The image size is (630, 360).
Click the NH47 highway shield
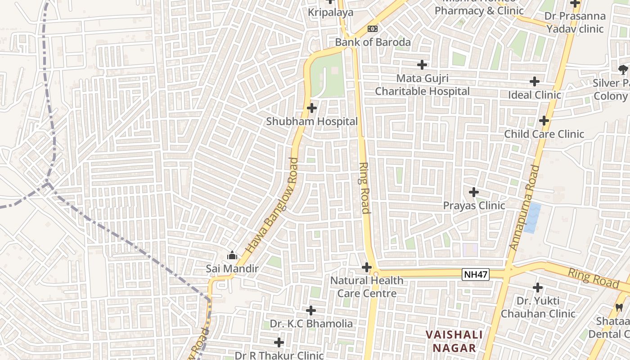point(475,274)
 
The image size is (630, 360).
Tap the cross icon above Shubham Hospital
point(311,108)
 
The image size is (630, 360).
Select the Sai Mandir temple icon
point(232,256)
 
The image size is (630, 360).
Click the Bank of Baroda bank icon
point(372,29)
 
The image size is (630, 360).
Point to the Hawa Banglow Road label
point(272,204)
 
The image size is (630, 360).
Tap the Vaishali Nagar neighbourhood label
point(454,341)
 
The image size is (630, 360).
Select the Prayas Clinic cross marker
point(473,192)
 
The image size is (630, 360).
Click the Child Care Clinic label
point(544,134)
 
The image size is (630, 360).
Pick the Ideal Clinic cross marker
point(534,81)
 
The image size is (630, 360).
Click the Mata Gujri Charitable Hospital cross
point(422,65)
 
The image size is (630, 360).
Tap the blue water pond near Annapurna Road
point(532,218)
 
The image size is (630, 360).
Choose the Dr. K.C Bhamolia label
point(311,324)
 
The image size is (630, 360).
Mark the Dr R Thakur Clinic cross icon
point(279,342)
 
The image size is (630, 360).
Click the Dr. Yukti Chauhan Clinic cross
point(537,287)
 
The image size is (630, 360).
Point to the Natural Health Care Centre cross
point(367,267)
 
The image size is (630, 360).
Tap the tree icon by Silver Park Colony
point(623,69)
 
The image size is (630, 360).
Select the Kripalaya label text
point(331,13)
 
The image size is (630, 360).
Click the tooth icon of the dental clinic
point(619,308)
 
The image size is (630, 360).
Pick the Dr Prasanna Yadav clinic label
point(575,22)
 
